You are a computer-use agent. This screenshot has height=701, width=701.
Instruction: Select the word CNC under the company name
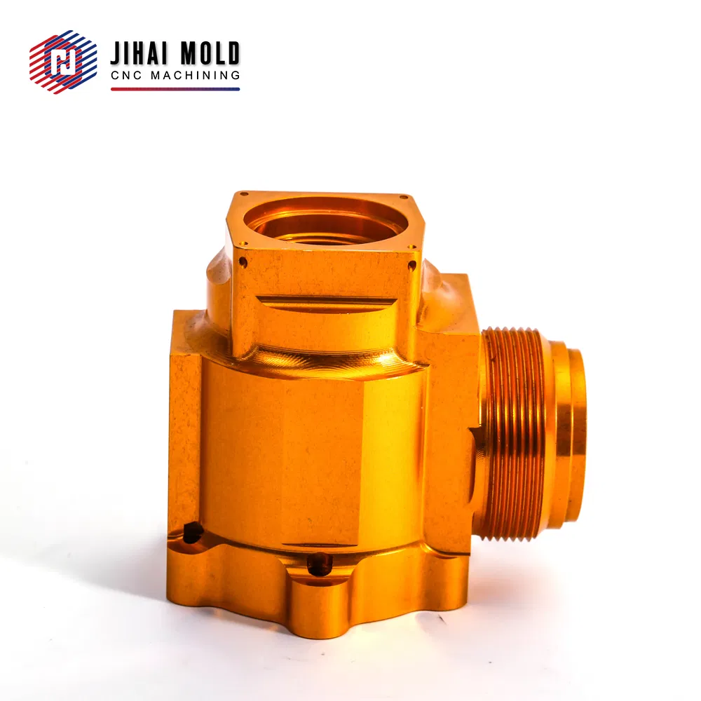(x=126, y=75)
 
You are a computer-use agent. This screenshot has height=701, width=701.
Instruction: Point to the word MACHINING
(x=196, y=75)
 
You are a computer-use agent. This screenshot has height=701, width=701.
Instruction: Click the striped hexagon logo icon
(x=63, y=62)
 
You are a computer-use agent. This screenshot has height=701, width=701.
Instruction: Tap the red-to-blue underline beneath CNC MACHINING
(x=175, y=89)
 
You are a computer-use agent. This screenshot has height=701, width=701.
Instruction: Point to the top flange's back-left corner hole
(x=244, y=194)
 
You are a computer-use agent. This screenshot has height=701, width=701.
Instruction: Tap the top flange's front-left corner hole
(x=244, y=244)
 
